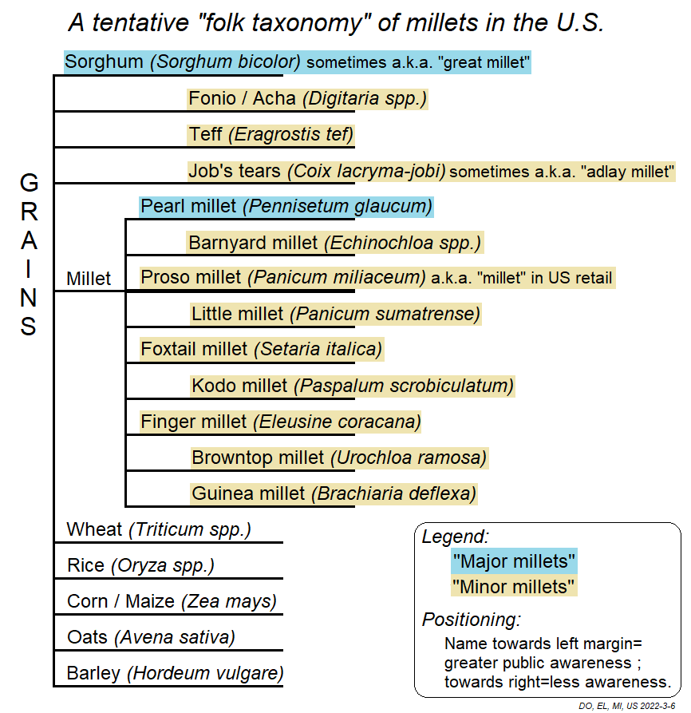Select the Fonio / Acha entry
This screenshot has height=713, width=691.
tap(308, 98)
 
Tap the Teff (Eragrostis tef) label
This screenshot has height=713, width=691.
tap(271, 134)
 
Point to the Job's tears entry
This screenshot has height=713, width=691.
tap(432, 171)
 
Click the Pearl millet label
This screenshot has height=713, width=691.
tap(286, 207)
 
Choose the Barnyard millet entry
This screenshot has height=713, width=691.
tap(335, 242)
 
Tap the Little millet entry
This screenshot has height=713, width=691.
tap(336, 314)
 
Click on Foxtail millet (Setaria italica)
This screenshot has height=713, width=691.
tap(262, 349)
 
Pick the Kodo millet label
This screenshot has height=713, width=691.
tap(353, 386)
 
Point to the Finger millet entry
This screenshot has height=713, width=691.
tap(281, 422)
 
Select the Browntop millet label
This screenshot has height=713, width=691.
tap(339, 458)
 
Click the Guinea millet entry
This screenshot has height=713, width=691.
tap(334, 493)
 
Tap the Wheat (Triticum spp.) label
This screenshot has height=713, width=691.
tap(159, 529)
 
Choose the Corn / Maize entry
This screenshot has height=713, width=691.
tap(172, 601)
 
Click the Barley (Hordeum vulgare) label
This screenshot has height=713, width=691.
tap(175, 673)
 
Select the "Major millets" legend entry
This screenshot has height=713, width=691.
tap(514, 561)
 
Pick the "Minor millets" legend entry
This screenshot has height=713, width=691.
tap(514, 588)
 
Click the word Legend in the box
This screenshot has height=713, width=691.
tap(455, 537)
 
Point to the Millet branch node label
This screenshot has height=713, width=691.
tap(89, 279)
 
